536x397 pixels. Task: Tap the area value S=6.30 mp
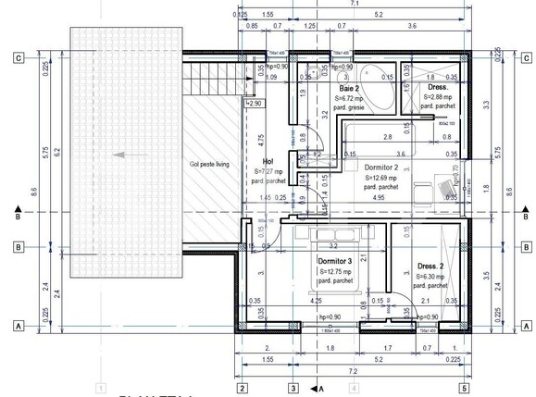click(x=432, y=277)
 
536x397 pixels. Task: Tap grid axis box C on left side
click(x=18, y=56)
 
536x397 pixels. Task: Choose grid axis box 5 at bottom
click(x=462, y=389)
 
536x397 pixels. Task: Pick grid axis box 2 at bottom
click(x=242, y=389)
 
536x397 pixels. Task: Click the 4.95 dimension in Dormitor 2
click(x=378, y=198)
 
